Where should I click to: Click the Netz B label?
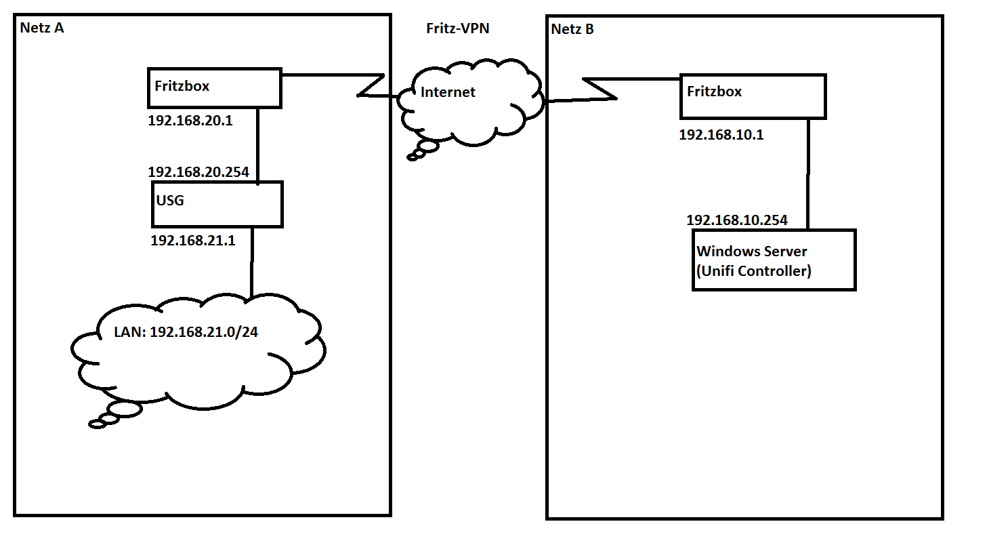572,29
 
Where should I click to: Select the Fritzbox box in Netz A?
214,87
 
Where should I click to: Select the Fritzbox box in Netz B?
753,96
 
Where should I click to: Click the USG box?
217,204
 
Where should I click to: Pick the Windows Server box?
774,260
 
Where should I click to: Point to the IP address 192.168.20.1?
190,121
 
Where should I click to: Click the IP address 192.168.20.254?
198,171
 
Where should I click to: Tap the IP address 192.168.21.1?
193,239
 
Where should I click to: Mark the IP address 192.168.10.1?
721,134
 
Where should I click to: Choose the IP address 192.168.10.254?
737,220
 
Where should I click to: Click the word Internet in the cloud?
448,92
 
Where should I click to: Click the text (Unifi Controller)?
754,271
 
